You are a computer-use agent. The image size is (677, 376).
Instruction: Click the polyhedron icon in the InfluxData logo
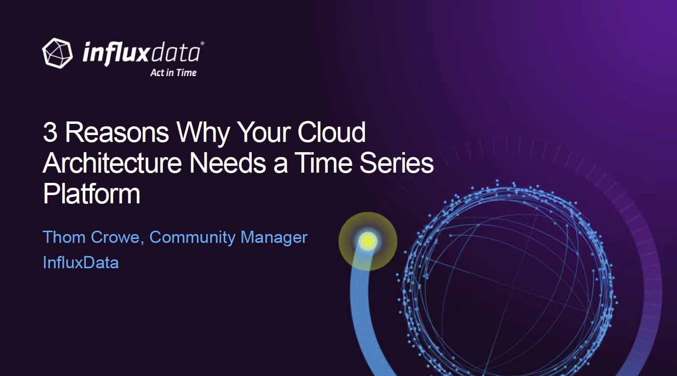(58, 53)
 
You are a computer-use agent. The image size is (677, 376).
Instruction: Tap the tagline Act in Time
(174, 73)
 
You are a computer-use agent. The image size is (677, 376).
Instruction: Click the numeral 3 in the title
(50, 132)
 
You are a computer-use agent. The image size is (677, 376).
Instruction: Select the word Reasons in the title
(117, 132)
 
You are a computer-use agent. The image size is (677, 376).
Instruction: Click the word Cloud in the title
(332, 132)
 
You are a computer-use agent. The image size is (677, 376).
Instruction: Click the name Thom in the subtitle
(64, 237)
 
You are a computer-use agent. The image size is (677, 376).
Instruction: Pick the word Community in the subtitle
(192, 238)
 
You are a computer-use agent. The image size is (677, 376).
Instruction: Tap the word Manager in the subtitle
(274, 238)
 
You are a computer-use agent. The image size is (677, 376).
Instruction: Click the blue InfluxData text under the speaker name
(80, 262)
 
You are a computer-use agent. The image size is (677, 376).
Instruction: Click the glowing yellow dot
(368, 241)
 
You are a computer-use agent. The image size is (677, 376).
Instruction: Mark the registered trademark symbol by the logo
(202, 43)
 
